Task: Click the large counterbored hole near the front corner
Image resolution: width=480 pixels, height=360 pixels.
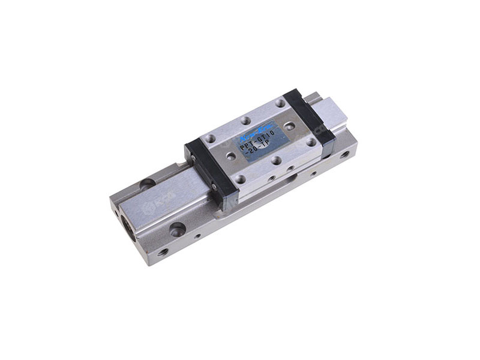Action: [x=177, y=229]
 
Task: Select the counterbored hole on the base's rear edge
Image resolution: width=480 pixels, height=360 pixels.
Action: [x=147, y=184]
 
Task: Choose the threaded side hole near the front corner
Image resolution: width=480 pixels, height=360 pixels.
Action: [x=163, y=252]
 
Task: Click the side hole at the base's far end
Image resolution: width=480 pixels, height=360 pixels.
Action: [x=344, y=154]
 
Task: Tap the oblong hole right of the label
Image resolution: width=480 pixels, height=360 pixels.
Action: [x=289, y=126]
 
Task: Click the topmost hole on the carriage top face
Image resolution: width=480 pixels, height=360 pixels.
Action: [x=280, y=103]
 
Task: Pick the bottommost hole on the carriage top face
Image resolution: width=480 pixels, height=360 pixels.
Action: [x=240, y=179]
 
